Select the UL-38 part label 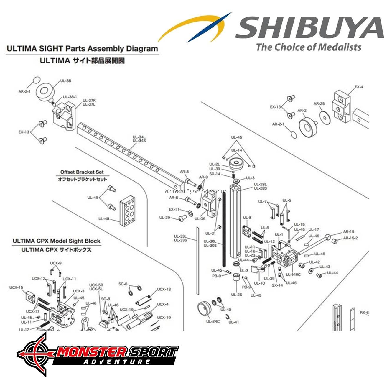(x=65, y=80)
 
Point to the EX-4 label (x=359, y=87)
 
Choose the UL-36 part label (x=200, y=219)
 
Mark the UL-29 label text (x=164, y=218)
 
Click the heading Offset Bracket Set (x=82, y=172)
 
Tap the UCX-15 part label (x=16, y=287)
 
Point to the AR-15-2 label (x=350, y=238)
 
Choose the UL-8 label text (x=247, y=218)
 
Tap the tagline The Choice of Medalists (x=309, y=47)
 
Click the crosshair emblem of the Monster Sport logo (x=36, y=353)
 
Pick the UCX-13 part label (x=164, y=289)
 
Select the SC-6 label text (x=123, y=284)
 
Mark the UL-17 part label (x=314, y=229)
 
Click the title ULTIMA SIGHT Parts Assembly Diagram (x=82, y=49)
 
